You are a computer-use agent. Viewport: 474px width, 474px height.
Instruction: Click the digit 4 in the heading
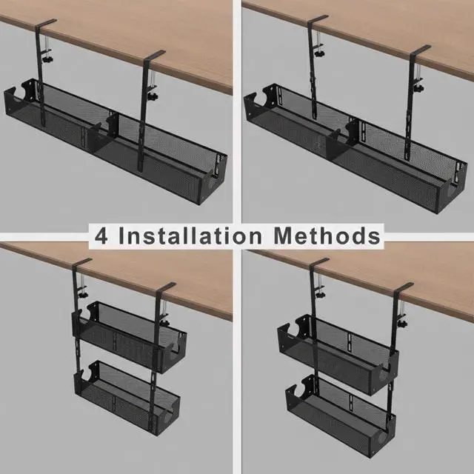click(x=101, y=236)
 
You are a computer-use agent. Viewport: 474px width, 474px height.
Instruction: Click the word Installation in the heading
click(x=190, y=236)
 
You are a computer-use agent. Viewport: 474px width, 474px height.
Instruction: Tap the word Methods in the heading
click(x=327, y=236)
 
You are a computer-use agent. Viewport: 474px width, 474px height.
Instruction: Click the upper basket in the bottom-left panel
click(x=129, y=337)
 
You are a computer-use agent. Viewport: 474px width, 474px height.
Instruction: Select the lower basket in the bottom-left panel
click(x=127, y=398)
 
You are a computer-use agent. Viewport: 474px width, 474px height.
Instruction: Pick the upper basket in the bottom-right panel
click(x=338, y=354)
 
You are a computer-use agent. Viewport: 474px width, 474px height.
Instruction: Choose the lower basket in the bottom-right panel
click(x=341, y=415)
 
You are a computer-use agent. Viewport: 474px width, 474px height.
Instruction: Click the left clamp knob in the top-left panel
click(x=47, y=60)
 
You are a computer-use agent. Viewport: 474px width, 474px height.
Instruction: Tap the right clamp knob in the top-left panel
click(x=153, y=97)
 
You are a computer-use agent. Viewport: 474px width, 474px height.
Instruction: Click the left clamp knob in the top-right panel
click(x=319, y=53)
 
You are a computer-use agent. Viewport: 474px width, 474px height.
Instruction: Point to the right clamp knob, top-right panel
click(x=419, y=89)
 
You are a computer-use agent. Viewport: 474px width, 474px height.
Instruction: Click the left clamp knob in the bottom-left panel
click(x=82, y=293)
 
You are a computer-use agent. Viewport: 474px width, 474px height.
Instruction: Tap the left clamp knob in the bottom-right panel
click(x=319, y=293)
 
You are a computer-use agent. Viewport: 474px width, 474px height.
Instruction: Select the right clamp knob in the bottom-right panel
click(x=401, y=324)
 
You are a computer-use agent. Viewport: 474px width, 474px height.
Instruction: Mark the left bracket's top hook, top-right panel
click(x=317, y=20)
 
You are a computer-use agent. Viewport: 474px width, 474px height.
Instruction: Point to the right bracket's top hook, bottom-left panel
click(x=165, y=287)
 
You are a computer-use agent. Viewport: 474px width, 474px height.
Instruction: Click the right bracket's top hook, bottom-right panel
click(x=403, y=288)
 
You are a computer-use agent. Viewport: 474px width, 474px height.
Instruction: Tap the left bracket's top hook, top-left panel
click(x=46, y=24)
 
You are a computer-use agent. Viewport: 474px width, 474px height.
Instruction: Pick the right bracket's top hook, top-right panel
click(x=420, y=50)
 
